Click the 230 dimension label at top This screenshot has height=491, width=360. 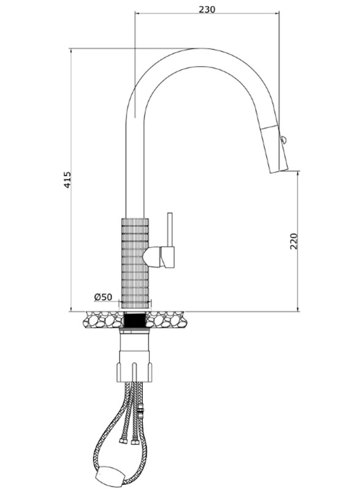click(x=207, y=10)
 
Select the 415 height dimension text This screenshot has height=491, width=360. click(x=67, y=180)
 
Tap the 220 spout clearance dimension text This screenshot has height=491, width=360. click(x=294, y=241)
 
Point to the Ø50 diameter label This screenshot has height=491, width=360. click(x=102, y=297)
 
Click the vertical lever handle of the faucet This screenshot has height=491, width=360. click(x=170, y=230)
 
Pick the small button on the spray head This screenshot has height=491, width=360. click(x=283, y=139)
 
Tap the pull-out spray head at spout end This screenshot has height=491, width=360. click(x=275, y=149)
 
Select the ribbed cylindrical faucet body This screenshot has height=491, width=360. click(x=135, y=263)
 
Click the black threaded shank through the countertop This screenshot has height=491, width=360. click(x=135, y=320)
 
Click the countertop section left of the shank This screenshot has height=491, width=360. click(x=104, y=319)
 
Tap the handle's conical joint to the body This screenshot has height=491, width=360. click(x=151, y=257)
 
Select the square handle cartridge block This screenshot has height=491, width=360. click(x=167, y=257)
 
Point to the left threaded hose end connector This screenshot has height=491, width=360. click(x=122, y=440)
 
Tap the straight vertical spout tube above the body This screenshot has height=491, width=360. click(x=134, y=163)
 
